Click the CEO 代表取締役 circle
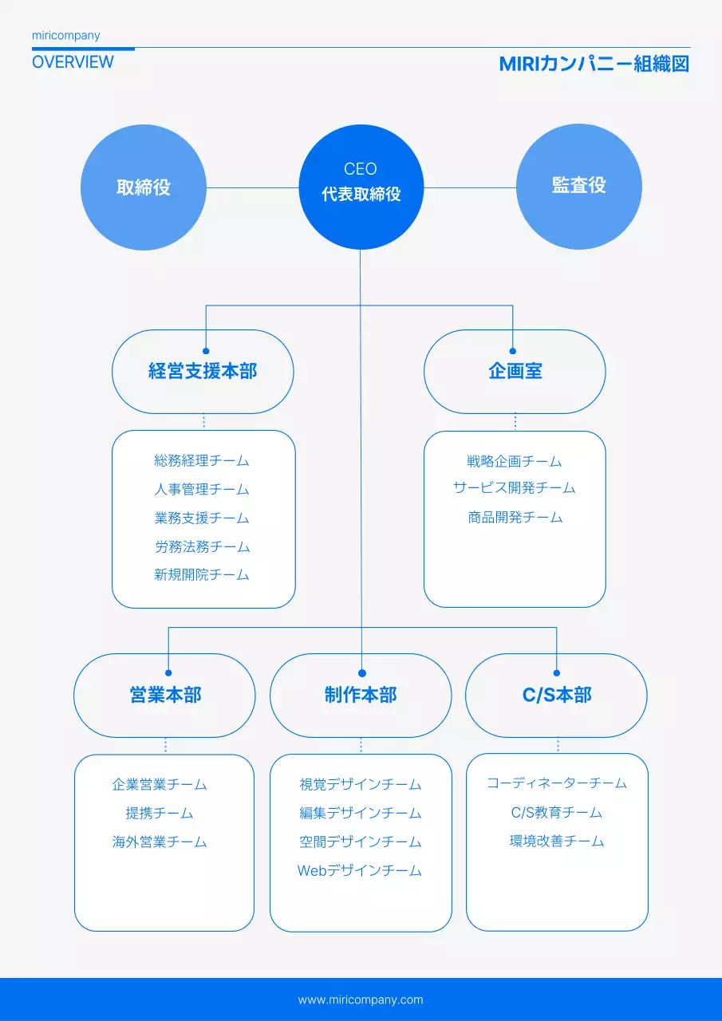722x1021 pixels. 361,187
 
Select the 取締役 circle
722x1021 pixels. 144,187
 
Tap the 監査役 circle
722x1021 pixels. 579,187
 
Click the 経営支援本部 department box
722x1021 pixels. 203,372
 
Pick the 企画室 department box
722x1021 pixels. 515,372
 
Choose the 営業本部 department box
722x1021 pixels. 165,695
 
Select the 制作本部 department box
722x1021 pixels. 361,695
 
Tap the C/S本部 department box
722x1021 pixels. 556,695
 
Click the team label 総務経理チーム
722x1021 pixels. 202,461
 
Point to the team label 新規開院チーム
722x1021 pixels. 202,575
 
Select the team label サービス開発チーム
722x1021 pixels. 515,488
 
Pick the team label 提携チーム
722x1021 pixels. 160,814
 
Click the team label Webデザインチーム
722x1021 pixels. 360,871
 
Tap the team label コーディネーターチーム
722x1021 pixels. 557,783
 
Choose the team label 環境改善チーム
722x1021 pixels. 557,842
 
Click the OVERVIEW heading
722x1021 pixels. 73,62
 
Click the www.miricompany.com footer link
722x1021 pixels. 361,999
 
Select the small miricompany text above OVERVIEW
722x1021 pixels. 66,36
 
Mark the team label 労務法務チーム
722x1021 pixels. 202,547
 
